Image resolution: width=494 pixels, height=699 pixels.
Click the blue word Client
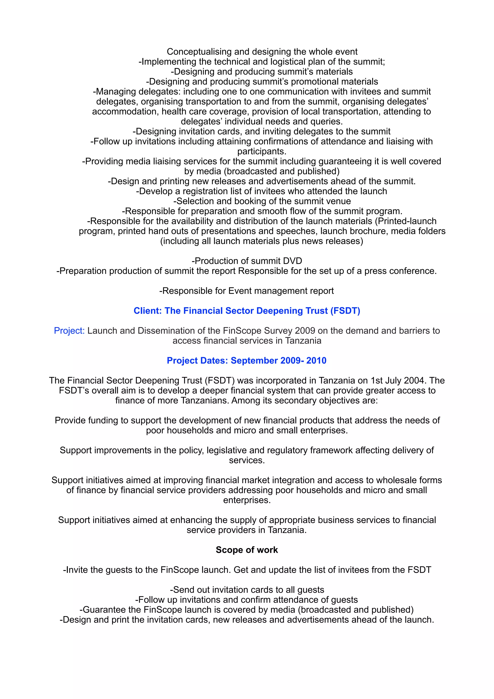click(147, 311)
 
